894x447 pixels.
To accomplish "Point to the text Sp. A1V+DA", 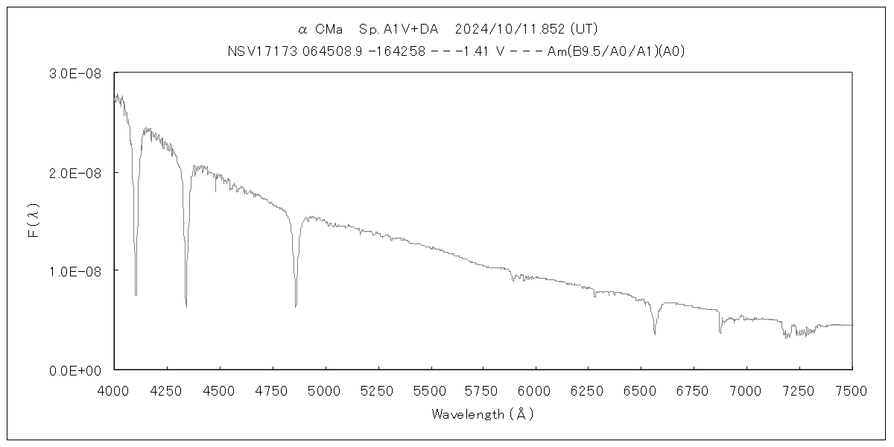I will coord(399,29).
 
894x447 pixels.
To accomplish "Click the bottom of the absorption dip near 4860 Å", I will coord(296,305).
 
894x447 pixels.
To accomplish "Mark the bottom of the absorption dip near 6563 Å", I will coord(655,334).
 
